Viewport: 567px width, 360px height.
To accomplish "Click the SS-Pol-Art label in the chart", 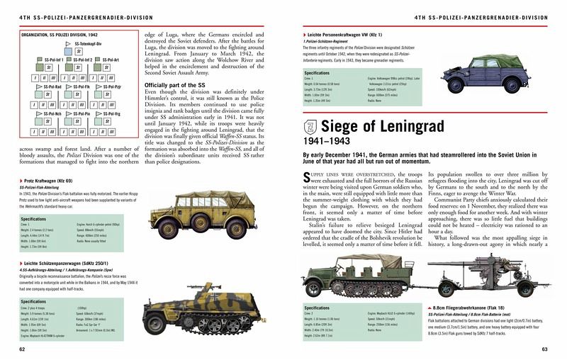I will coord(111,60).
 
